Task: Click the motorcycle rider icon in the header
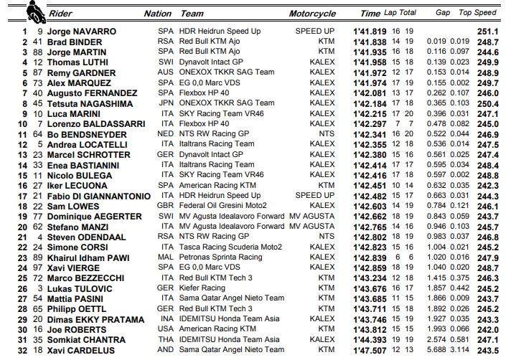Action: [33, 11]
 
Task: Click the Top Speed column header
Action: [478, 13]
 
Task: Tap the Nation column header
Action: [158, 13]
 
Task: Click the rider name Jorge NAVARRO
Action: [81, 32]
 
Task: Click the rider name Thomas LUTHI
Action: [77, 62]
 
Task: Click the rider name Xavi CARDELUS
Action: [80, 349]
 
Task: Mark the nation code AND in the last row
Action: [167, 349]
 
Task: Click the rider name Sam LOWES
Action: [70, 206]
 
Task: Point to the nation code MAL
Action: [167, 257]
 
